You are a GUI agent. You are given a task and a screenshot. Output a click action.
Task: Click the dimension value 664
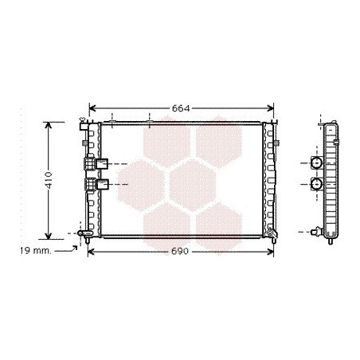(x=181, y=108)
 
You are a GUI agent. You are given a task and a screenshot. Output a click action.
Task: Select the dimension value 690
(x=180, y=251)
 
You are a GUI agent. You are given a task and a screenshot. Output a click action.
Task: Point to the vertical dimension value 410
(x=49, y=180)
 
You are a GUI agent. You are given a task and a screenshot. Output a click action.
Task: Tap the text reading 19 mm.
(x=36, y=251)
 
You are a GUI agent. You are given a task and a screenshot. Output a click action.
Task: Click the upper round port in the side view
(x=317, y=162)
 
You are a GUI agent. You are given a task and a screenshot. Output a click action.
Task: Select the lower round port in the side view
(x=317, y=184)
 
